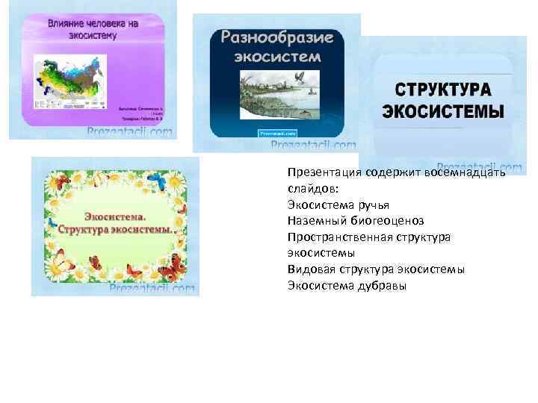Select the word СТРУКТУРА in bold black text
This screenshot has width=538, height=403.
443,90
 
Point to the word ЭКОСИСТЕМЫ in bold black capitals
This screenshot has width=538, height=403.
443,112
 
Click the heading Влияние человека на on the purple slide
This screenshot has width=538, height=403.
93,23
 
